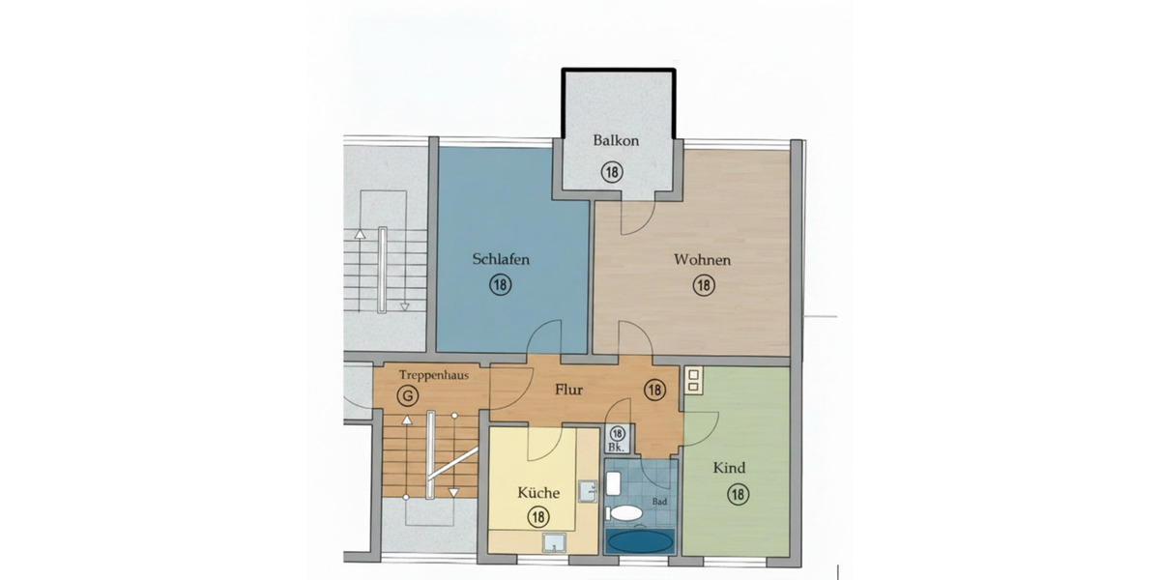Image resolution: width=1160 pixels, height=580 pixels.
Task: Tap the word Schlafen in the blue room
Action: (501, 259)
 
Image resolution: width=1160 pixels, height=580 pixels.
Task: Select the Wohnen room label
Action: (703, 260)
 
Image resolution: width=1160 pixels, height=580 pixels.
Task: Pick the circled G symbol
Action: (409, 395)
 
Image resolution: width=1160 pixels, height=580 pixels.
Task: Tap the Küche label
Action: (538, 493)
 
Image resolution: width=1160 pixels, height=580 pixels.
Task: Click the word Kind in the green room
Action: (729, 469)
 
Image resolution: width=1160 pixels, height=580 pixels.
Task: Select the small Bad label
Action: (660, 502)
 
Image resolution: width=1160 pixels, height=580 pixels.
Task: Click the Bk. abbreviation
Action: (617, 449)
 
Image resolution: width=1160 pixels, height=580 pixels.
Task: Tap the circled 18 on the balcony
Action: (612, 172)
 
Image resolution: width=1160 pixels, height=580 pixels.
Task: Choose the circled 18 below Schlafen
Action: (501, 284)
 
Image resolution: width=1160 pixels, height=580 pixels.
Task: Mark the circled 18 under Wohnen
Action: (703, 285)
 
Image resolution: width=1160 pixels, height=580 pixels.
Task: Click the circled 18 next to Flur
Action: (654, 391)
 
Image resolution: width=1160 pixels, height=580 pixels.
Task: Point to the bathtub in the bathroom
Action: (638, 539)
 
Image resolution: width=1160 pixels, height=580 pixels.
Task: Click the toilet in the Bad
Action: (624, 511)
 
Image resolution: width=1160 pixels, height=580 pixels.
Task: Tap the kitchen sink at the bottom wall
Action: (553, 543)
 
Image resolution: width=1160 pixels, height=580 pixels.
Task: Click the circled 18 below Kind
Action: (737, 494)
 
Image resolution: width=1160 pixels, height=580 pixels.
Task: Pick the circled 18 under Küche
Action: (538, 517)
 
